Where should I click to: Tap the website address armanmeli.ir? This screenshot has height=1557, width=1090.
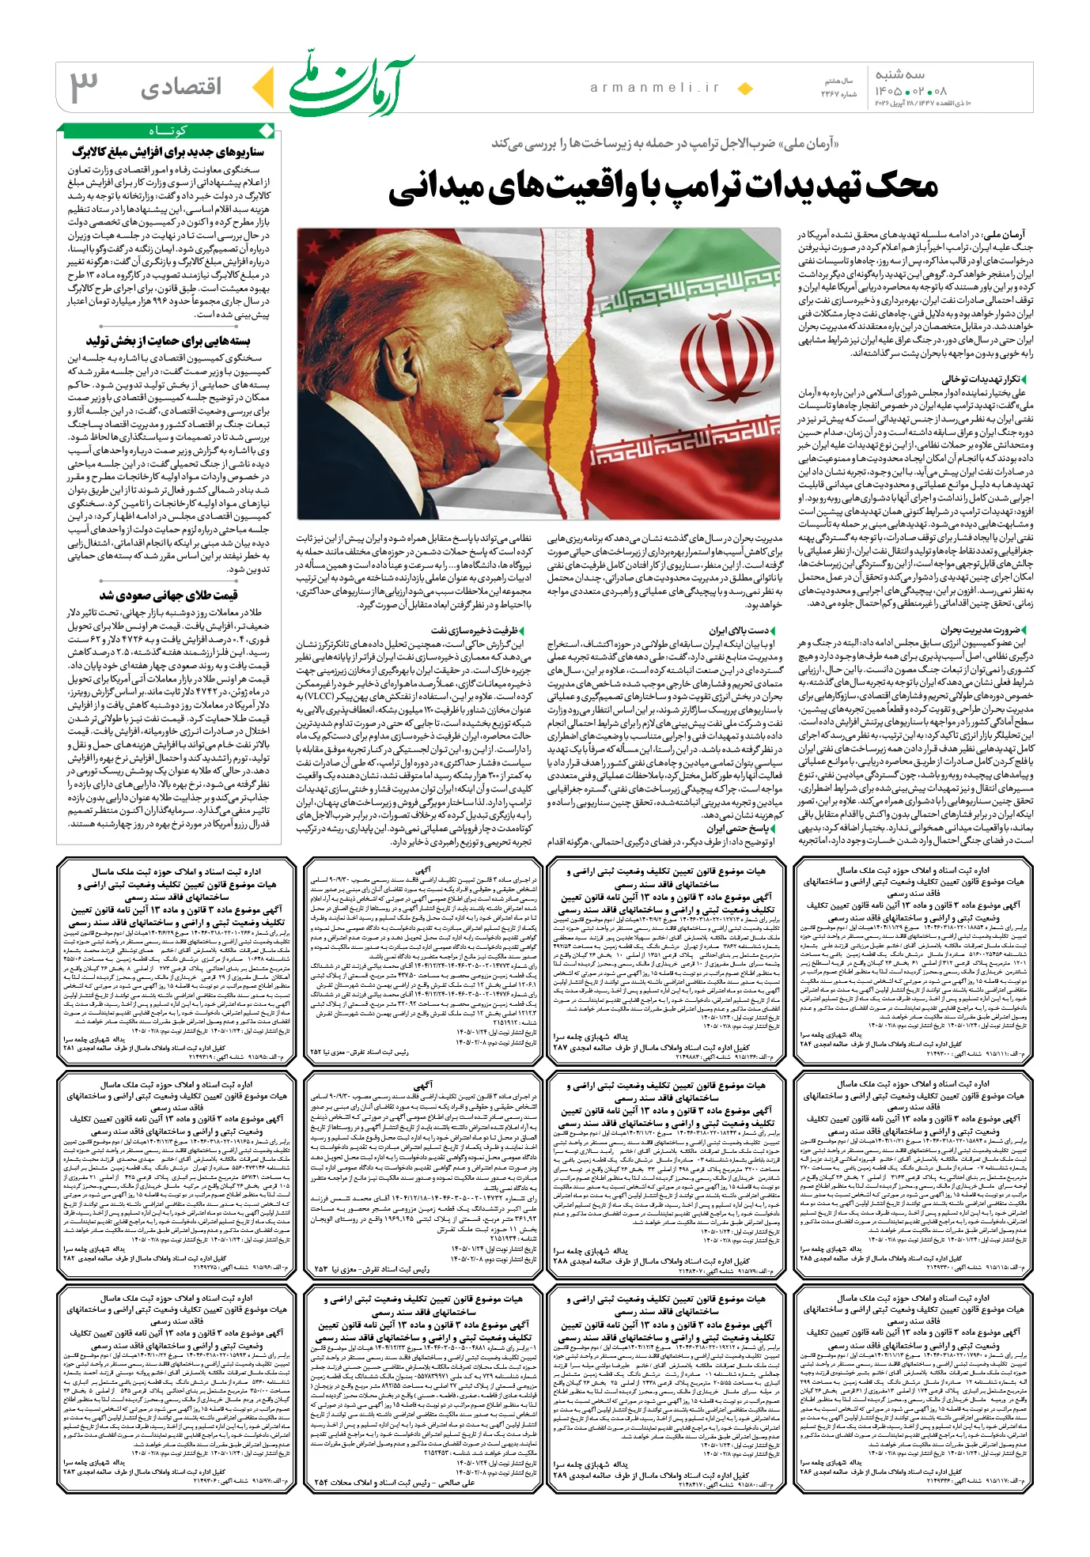655,88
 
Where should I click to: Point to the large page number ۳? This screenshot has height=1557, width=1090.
85,86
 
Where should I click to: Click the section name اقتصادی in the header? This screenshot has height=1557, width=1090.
182,87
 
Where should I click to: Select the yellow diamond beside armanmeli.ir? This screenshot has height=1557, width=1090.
744,89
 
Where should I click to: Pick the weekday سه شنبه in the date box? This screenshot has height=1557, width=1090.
899,74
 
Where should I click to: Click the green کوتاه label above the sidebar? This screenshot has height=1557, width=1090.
167,130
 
